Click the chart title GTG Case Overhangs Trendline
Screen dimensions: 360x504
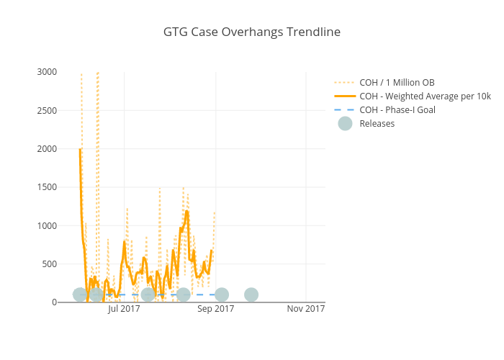click(x=251, y=32)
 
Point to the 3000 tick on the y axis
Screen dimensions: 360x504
click(x=47, y=72)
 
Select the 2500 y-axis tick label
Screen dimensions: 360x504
click(x=47, y=110)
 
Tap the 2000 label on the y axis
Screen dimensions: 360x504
click(x=47, y=149)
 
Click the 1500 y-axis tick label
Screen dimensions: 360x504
click(x=47, y=187)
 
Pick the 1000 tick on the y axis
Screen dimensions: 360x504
click(x=47, y=226)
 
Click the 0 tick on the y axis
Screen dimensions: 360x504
click(x=53, y=302)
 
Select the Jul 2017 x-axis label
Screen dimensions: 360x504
click(x=124, y=310)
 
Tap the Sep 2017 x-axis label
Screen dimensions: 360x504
click(x=215, y=310)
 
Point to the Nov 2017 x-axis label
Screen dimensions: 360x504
click(x=306, y=310)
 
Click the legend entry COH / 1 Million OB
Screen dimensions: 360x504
click(x=397, y=83)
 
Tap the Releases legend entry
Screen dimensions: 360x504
click(x=377, y=124)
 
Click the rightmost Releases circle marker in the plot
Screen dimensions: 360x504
click(x=251, y=294)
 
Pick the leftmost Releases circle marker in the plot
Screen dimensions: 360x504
click(x=80, y=294)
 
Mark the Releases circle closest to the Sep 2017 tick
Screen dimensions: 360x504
click(x=222, y=294)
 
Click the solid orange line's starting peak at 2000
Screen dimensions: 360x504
click(x=80, y=149)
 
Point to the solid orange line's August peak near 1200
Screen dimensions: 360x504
click(x=186, y=211)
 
